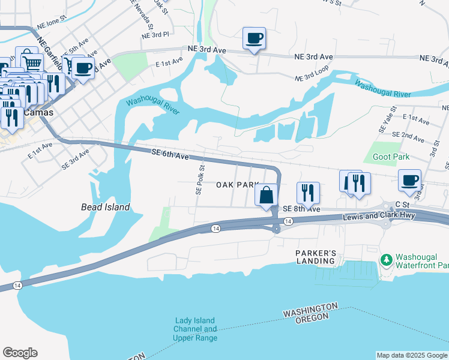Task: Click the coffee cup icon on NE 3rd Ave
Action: [254, 38]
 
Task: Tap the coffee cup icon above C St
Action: [409, 180]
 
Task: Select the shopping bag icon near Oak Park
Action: [266, 195]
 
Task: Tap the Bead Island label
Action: [106, 207]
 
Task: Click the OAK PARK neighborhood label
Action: [238, 185]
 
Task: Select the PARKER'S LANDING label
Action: [315, 257]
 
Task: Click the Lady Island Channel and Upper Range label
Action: [195, 329]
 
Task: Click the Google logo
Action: [20, 353]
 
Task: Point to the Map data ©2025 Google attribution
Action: [411, 355]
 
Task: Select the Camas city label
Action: [38, 113]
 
